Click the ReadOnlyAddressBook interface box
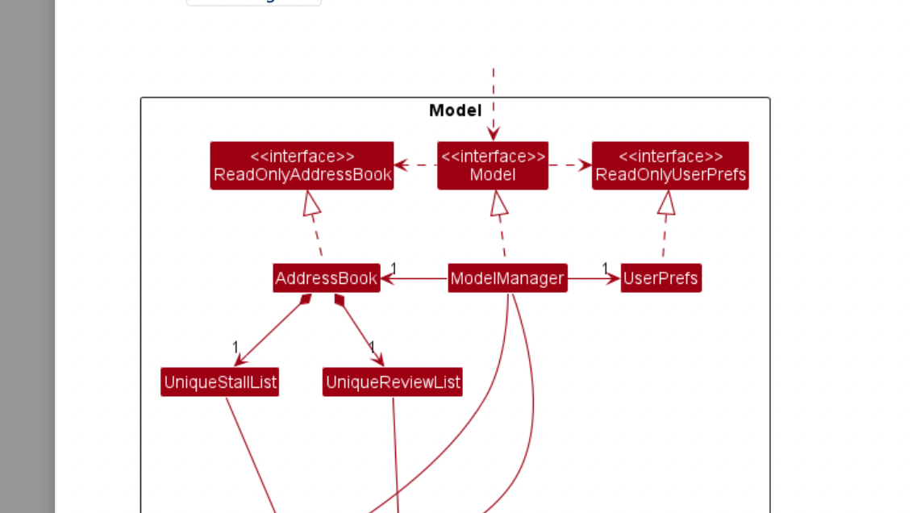[x=302, y=166]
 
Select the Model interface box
[x=493, y=166]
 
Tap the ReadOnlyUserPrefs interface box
[x=670, y=166]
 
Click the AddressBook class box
[x=327, y=278]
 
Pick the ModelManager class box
[x=507, y=278]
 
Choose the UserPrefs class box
[x=661, y=278]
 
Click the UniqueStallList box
[x=220, y=382]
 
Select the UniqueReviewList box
[x=393, y=382]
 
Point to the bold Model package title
[x=455, y=111]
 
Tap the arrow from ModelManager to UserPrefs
[x=594, y=279]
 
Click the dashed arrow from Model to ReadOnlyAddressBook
[x=415, y=165]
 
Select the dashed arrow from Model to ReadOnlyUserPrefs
[x=570, y=165]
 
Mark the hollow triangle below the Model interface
[x=499, y=202]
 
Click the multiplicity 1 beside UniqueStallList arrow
[x=235, y=347]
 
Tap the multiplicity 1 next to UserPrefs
[x=605, y=268]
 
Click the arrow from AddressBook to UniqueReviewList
[x=359, y=331]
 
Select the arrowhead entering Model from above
[x=493, y=134]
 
